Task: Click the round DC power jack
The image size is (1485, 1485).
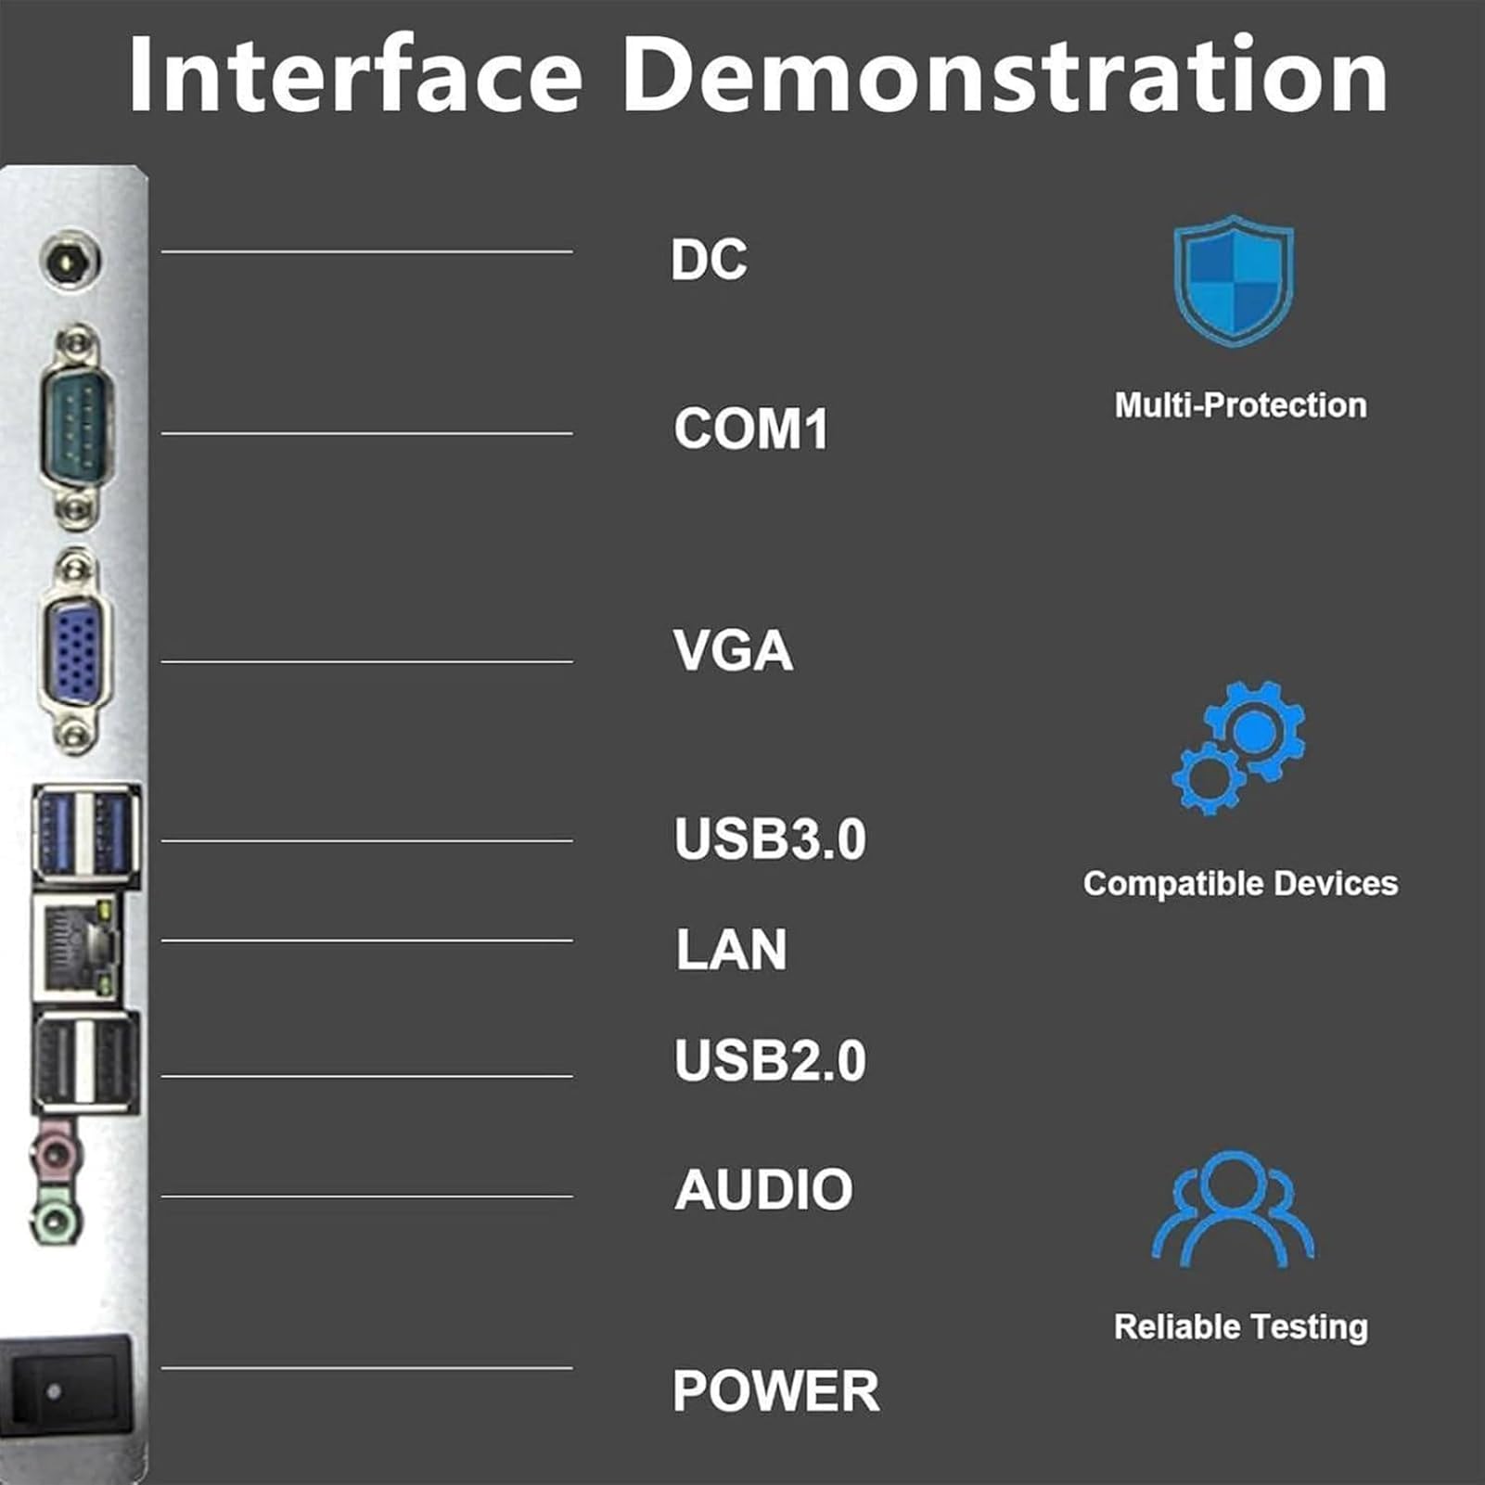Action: coord(71,261)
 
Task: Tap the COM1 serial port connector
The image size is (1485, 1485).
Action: coord(76,426)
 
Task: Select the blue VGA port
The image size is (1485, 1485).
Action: coord(74,649)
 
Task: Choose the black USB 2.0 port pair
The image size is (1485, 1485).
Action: coord(86,1063)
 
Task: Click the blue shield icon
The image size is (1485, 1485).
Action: coord(1233,280)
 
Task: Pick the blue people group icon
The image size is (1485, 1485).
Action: coord(1233,1210)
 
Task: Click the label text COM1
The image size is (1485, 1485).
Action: coord(750,429)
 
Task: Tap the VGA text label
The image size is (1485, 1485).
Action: coord(733,650)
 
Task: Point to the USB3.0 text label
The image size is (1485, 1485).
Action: coord(770,839)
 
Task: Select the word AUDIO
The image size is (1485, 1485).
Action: coord(763,1189)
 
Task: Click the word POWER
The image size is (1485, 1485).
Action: coord(776,1391)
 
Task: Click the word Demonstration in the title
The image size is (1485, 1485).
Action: coord(1005,74)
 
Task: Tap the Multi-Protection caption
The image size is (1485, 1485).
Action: coord(1240,405)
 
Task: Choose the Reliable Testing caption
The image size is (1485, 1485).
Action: coord(1241,1326)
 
